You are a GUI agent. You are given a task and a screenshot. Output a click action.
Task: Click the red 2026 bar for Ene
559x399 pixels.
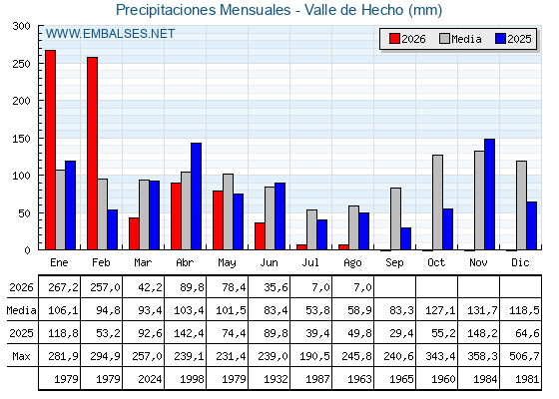50,150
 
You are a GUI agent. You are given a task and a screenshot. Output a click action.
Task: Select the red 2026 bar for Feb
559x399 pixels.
92,154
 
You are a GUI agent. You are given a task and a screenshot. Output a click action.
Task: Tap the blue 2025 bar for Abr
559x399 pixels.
196,197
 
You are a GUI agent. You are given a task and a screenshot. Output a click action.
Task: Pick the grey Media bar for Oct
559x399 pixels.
438,202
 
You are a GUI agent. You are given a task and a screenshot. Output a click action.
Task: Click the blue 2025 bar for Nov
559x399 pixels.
489,195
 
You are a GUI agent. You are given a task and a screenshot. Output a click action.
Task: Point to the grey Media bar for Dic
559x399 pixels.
521,205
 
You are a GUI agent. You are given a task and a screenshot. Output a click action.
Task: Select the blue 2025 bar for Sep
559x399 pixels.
405,238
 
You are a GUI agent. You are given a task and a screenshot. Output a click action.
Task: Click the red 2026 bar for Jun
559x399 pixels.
260,236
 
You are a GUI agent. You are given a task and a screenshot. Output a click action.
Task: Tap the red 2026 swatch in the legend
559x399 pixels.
394,39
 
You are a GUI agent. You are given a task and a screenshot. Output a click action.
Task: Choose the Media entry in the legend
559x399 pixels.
460,39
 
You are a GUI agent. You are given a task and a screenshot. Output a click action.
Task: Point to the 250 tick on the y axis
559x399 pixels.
40,63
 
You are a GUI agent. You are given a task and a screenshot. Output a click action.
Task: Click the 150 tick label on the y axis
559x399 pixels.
22,139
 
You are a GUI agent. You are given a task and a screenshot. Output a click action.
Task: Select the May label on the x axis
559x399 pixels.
227,263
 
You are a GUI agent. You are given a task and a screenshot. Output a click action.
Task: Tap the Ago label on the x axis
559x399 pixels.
352,263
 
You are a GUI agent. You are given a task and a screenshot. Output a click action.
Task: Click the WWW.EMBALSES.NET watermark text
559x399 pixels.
110,34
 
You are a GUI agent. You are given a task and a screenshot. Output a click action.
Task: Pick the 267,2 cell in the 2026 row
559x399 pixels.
63,287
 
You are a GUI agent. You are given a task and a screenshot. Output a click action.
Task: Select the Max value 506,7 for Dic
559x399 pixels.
524,356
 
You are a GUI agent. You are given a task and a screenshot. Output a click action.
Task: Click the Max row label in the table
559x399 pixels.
21,356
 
